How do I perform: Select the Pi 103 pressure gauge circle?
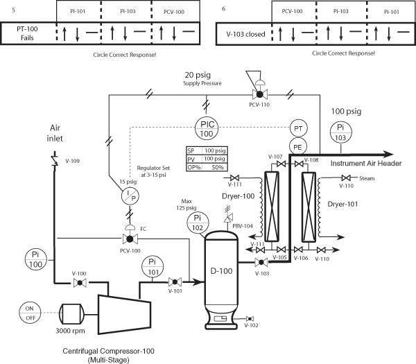pos(340,132)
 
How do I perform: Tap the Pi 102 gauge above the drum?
pos(197,223)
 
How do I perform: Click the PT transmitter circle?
pos(297,129)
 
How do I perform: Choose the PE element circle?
pos(297,147)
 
